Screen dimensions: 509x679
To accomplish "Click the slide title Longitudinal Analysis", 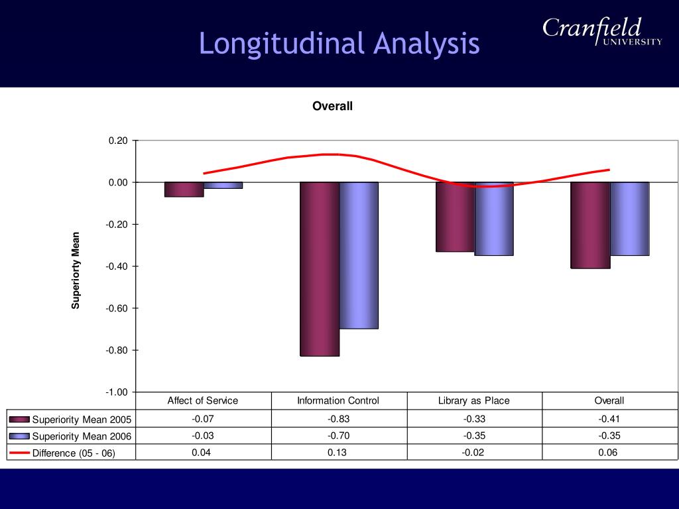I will [339, 44].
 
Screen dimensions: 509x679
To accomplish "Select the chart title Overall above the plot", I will [332, 106].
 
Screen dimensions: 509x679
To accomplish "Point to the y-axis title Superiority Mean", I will [76, 270].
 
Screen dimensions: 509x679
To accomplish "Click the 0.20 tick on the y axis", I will [118, 141].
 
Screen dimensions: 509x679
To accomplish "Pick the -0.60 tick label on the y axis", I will [117, 308].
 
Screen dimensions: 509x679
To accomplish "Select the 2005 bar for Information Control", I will [320, 269].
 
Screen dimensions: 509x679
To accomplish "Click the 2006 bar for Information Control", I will [359, 255].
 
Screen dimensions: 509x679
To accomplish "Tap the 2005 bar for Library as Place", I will [455, 217].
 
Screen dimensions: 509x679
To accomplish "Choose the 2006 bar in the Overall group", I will [629, 219].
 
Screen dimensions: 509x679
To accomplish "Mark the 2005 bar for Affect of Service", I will [184, 190].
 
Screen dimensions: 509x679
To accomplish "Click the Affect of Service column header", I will [203, 400].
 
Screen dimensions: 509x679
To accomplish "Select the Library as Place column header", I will [474, 400].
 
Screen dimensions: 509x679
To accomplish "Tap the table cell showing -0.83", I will [338, 419].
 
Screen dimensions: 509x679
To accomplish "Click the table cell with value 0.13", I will [338, 452].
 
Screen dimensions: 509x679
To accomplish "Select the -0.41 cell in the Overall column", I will [609, 419].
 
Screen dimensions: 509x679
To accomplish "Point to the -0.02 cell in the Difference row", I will [474, 452].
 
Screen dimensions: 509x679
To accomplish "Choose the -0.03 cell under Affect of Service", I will [203, 435].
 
